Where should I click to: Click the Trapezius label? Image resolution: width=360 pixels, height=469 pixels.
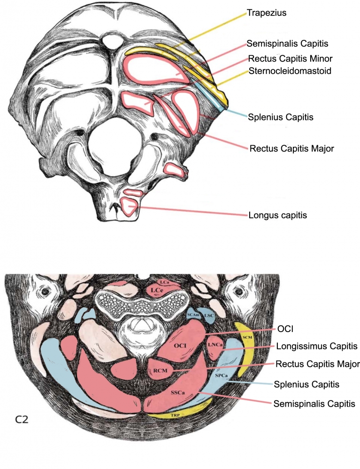coord(267,13)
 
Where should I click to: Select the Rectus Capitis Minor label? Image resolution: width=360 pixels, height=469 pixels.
coord(291,59)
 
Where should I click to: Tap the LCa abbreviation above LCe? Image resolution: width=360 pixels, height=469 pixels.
coord(164,282)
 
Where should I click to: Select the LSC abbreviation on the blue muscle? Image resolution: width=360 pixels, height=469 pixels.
coord(209,316)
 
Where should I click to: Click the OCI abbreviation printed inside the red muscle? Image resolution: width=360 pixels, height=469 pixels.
coord(181,346)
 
